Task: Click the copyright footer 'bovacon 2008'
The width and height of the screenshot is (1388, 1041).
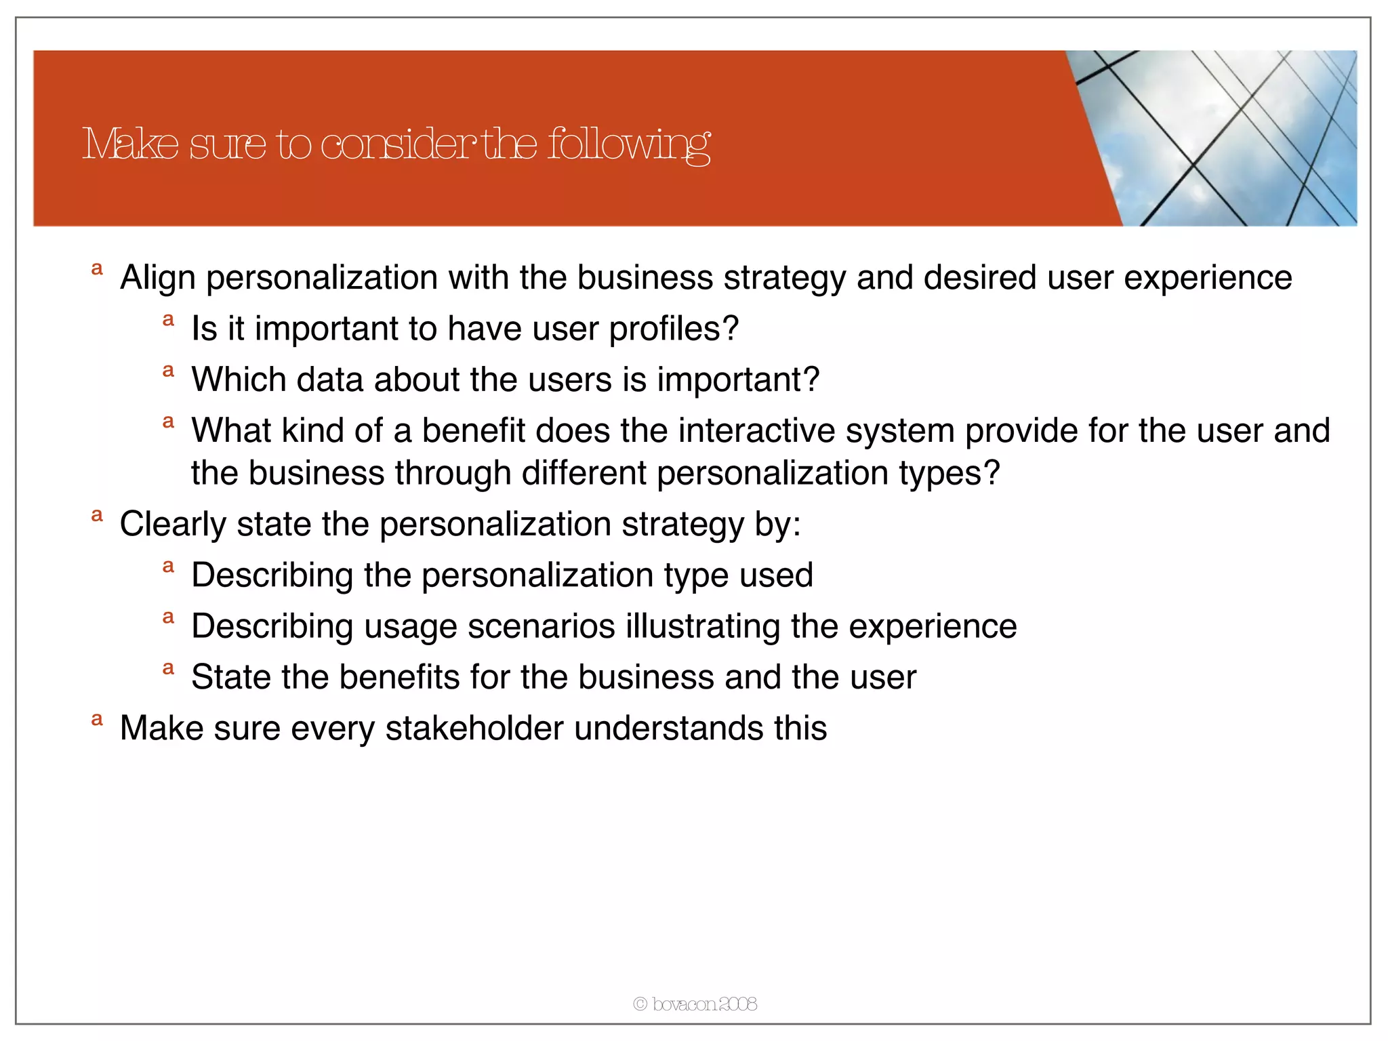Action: tap(695, 1004)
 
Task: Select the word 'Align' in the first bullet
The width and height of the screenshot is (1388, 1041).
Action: tap(157, 278)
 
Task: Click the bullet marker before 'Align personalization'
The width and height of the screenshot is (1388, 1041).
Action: tap(97, 269)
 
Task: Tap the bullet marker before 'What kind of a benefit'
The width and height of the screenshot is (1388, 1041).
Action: tap(168, 422)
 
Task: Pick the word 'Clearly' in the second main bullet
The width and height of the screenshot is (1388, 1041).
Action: tap(172, 525)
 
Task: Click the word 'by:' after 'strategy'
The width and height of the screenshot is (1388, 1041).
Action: tap(777, 525)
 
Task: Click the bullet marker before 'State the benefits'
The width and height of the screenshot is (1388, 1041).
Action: tap(168, 669)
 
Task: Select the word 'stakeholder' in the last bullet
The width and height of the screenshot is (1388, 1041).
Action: tap(474, 729)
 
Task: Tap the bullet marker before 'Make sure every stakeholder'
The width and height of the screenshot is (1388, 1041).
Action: tap(97, 720)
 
